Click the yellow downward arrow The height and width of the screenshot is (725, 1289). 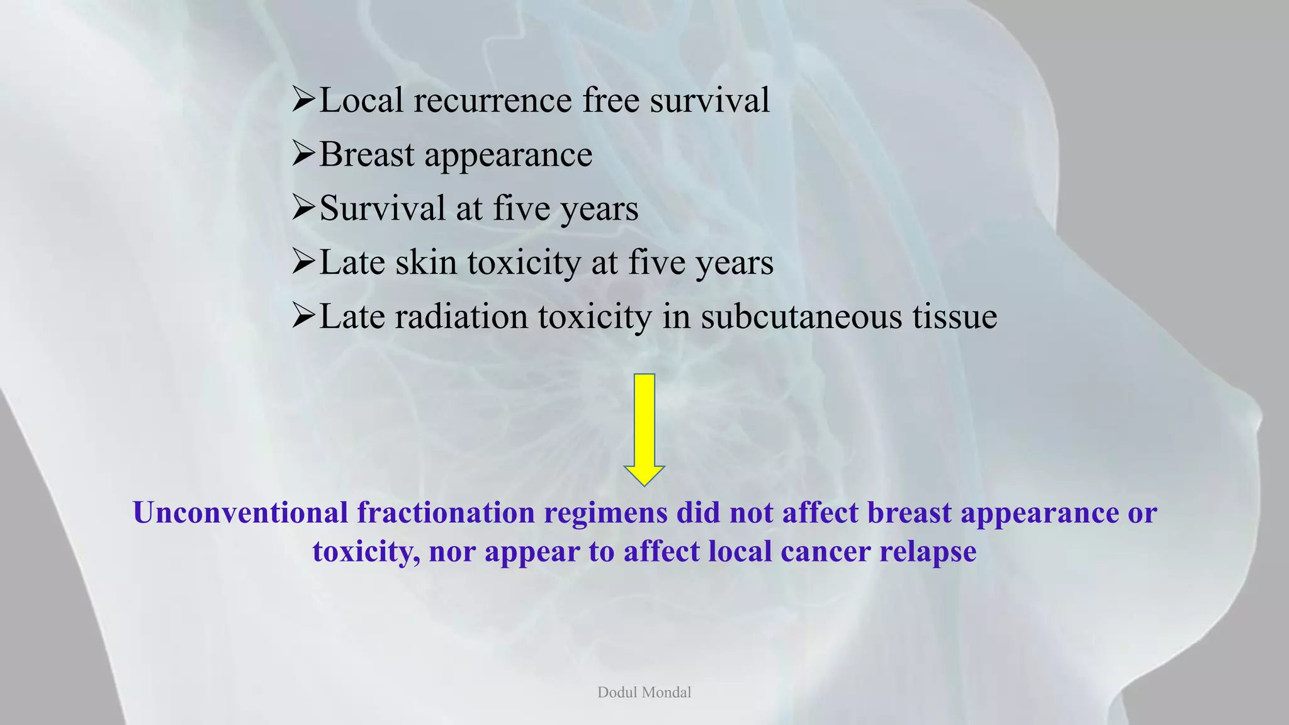[x=644, y=429]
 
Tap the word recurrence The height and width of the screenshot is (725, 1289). [x=493, y=101]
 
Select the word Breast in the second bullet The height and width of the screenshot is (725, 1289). [x=367, y=155]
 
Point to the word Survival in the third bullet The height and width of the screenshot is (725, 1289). [x=382, y=208]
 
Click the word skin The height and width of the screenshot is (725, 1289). [x=425, y=262]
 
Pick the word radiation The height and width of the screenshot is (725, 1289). [x=461, y=317]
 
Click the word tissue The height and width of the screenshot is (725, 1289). [x=955, y=317]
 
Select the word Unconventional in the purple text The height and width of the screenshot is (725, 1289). [x=240, y=513]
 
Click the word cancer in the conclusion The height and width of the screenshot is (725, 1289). [x=825, y=552]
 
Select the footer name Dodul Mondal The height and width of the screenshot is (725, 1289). [x=644, y=692]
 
